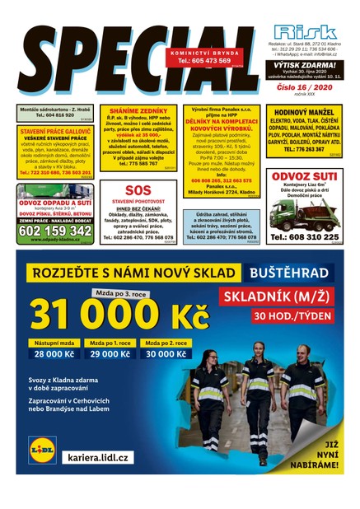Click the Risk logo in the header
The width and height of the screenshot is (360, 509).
tap(304, 32)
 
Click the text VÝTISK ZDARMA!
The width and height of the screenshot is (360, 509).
tap(305, 65)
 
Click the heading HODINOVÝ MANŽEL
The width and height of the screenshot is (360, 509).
tap(306, 112)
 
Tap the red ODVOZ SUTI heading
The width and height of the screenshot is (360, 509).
tap(305, 175)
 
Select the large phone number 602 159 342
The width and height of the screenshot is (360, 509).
tap(54, 231)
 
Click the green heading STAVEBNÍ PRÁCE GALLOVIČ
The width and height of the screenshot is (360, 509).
tap(54, 131)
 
